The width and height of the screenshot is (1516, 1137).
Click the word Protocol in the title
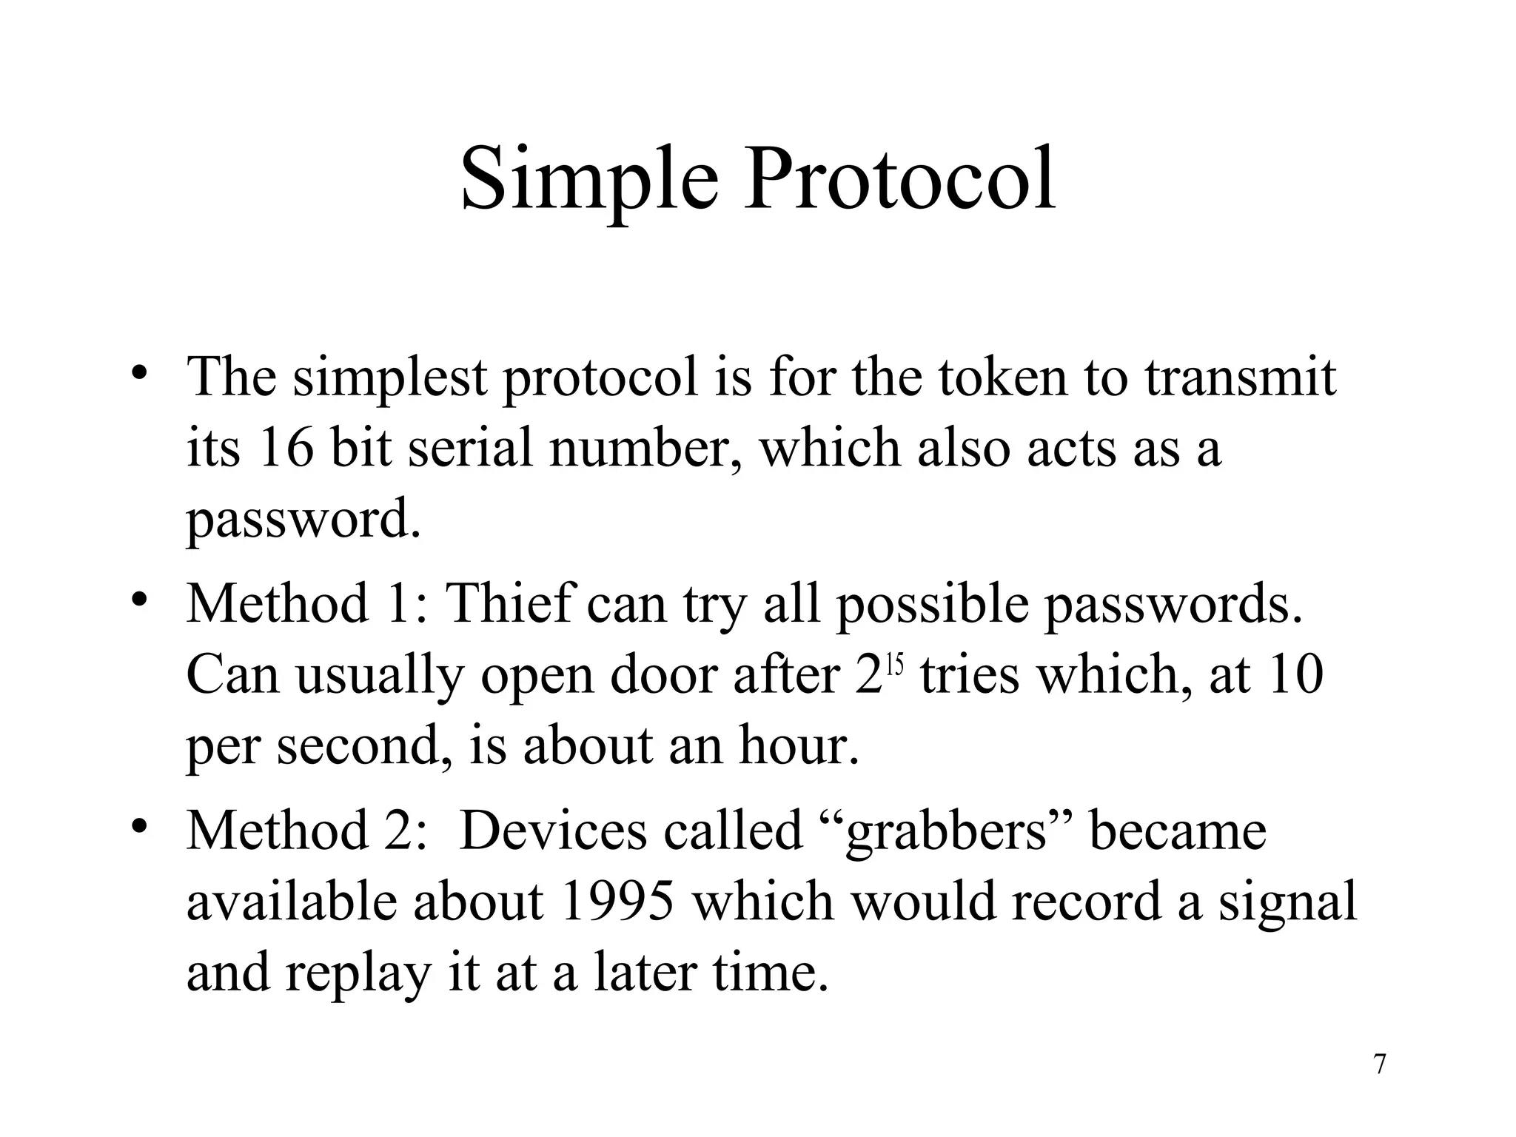click(x=899, y=180)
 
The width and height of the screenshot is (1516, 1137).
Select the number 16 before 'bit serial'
click(x=286, y=449)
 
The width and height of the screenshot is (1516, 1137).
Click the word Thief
click(x=511, y=603)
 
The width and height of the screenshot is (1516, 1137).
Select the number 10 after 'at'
click(x=1295, y=675)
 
